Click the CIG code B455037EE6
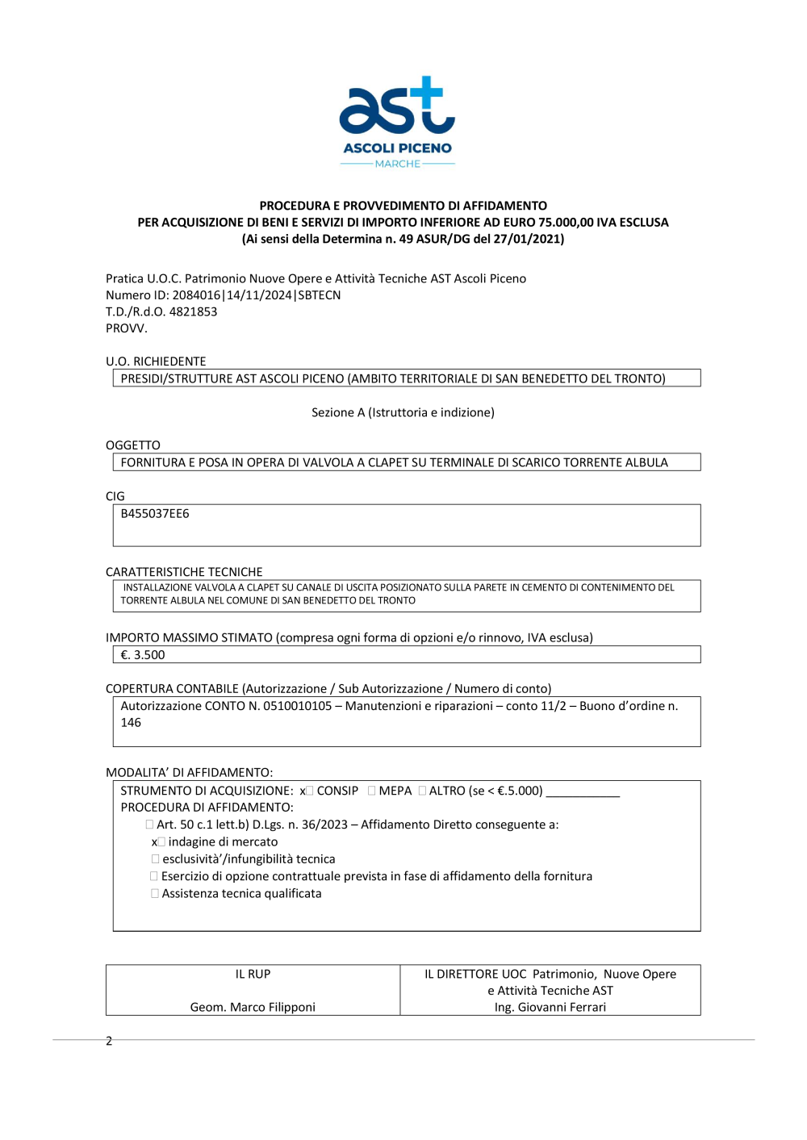tap(155, 514)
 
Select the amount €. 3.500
tap(143, 655)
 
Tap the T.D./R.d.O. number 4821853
tap(193, 311)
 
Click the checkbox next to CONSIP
tap(310, 791)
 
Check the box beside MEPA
tap(372, 791)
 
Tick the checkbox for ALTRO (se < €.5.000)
tap(422, 791)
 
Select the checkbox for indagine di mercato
tap(161, 842)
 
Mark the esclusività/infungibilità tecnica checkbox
tap(155, 859)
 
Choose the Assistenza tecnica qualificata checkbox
tap(155, 894)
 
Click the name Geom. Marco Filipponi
tap(253, 1007)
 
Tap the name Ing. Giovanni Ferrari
tap(550, 1007)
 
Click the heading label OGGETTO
tap(133, 445)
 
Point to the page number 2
tap(109, 1041)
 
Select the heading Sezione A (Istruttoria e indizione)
tap(403, 412)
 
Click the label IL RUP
tap(253, 974)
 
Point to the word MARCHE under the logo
tap(397, 164)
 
